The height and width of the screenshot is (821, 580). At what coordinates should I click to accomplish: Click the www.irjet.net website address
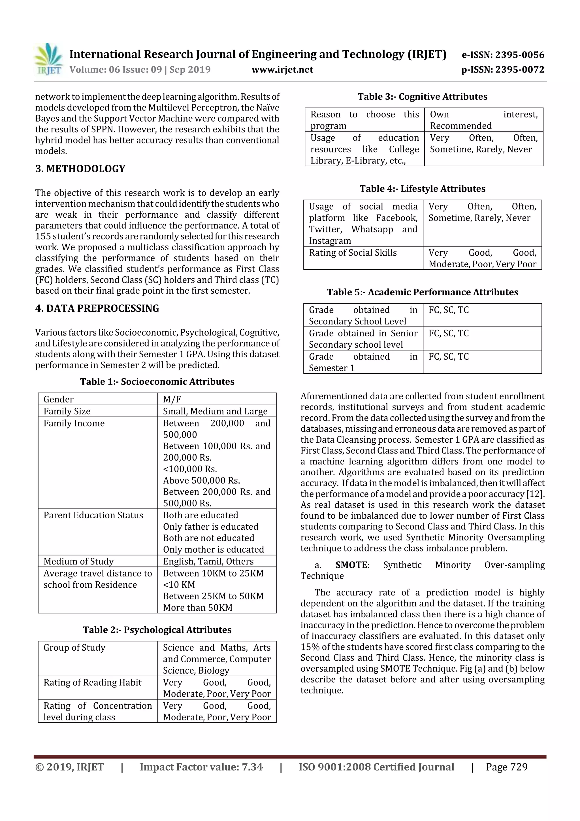(282, 70)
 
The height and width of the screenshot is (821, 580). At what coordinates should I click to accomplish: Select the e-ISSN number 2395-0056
(503, 55)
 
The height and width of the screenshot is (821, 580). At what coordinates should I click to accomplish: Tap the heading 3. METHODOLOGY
(80, 169)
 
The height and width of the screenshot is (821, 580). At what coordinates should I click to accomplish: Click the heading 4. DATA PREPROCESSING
(97, 308)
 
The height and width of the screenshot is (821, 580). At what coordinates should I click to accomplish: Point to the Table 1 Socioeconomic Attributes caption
(157, 381)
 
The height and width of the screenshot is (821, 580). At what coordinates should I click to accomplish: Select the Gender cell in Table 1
(59, 399)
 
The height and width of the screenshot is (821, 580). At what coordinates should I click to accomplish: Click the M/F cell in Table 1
(172, 399)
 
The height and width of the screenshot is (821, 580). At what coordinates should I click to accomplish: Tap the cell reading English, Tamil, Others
(208, 561)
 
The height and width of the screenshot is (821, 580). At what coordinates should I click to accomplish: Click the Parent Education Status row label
(93, 515)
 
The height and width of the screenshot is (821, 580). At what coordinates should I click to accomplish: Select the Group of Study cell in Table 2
(74, 648)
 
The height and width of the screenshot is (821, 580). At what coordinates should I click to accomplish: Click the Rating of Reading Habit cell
(93, 682)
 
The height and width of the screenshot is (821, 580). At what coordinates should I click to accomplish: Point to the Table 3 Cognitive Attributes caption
(423, 97)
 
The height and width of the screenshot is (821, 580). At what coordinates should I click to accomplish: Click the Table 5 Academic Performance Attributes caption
(423, 292)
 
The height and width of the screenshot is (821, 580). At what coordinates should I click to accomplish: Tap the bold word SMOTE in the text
(351, 565)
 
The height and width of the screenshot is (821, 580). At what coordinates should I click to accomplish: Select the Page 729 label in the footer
(506, 767)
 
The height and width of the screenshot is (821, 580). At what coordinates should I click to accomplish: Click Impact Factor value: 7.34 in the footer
(201, 767)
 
